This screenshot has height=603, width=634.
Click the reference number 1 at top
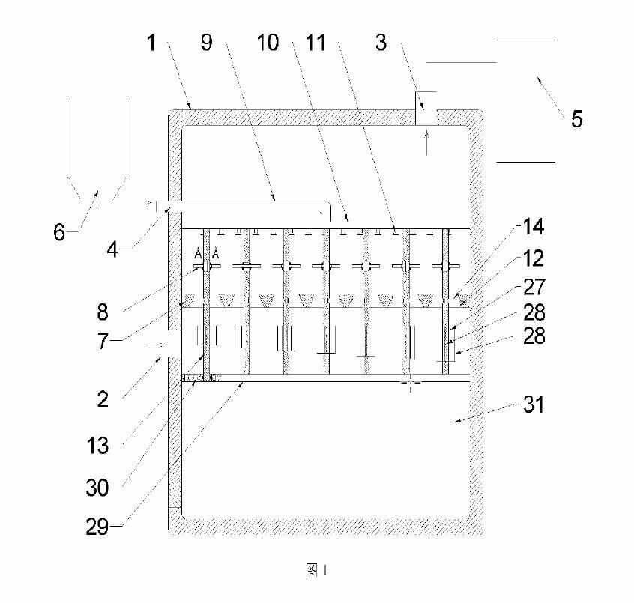151,43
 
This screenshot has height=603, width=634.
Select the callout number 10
268,43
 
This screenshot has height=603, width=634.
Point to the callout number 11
318,43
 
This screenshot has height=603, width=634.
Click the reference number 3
381,43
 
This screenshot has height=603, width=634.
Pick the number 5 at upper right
576,118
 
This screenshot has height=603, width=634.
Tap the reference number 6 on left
59,232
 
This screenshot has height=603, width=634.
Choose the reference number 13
98,446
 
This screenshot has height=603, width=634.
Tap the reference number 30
98,488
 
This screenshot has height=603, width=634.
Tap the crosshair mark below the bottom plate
411,383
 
